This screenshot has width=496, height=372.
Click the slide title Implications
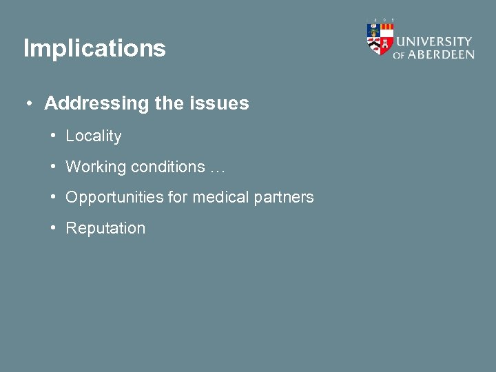click(x=94, y=49)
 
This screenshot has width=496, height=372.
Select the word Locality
click(x=93, y=136)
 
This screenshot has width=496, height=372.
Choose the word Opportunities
click(x=114, y=198)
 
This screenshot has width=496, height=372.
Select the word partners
click(x=284, y=198)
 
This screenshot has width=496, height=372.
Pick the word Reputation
click(x=105, y=228)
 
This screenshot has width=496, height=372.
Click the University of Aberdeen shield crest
click(x=380, y=39)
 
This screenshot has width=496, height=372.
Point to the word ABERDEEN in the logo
click(x=440, y=54)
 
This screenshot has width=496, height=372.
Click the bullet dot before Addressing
click(x=29, y=104)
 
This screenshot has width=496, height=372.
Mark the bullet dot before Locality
click(x=53, y=136)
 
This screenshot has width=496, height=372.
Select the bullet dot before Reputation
click(x=53, y=228)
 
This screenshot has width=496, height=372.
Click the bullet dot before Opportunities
click(x=53, y=197)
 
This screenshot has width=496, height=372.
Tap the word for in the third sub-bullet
click(x=178, y=197)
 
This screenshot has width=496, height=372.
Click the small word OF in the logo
click(x=398, y=56)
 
